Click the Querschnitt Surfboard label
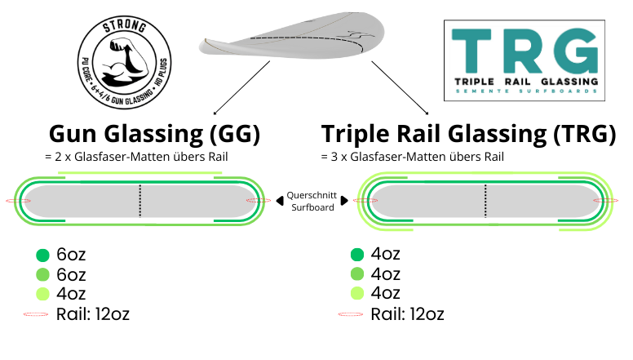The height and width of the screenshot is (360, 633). (308, 201)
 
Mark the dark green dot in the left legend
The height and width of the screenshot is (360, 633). (43, 256)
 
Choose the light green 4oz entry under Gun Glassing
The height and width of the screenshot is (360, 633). (71, 293)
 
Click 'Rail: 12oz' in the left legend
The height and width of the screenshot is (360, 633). (93, 313)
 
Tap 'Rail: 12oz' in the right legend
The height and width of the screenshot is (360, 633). (407, 313)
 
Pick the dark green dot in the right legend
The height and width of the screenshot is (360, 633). (357, 256)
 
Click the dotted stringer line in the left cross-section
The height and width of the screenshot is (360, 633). (140, 201)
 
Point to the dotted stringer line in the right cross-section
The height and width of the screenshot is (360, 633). (485, 201)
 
